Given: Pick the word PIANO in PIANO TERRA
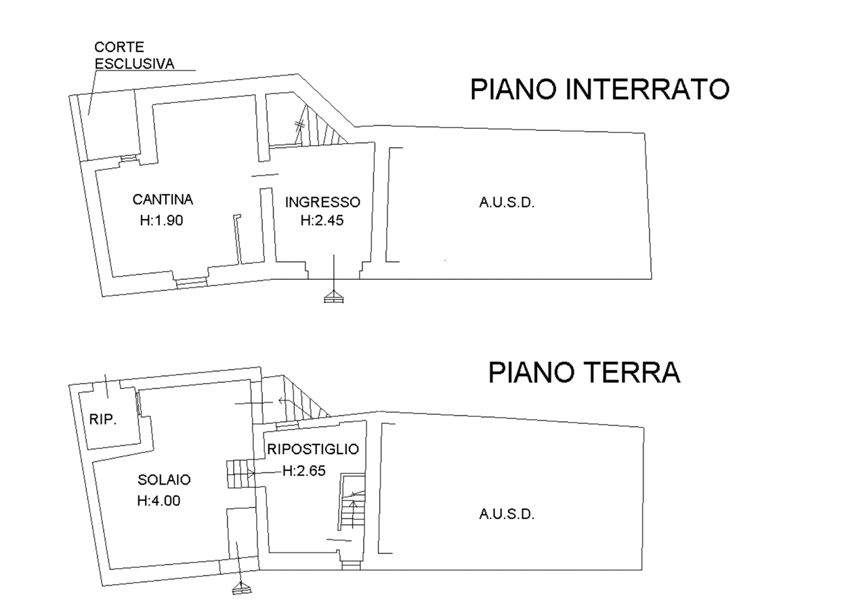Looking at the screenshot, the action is point(533,372).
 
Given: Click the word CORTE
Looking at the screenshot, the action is point(119,48).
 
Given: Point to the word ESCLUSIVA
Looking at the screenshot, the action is point(135,62).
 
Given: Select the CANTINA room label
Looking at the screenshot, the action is point(163,200).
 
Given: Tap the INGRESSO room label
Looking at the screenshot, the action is point(322,202).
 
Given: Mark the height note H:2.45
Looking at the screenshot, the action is point(322,220).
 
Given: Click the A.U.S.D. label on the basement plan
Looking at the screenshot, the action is point(505,203).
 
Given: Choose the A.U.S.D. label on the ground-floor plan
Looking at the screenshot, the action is point(505,514).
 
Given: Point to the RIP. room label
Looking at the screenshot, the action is point(103,420).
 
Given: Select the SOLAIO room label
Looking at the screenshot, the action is point(163,479).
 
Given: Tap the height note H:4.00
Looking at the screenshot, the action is point(158,501).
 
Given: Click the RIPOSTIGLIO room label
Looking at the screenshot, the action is point(313,450).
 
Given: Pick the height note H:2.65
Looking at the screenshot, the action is point(304,470).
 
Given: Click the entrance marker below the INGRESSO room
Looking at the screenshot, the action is point(334,298).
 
